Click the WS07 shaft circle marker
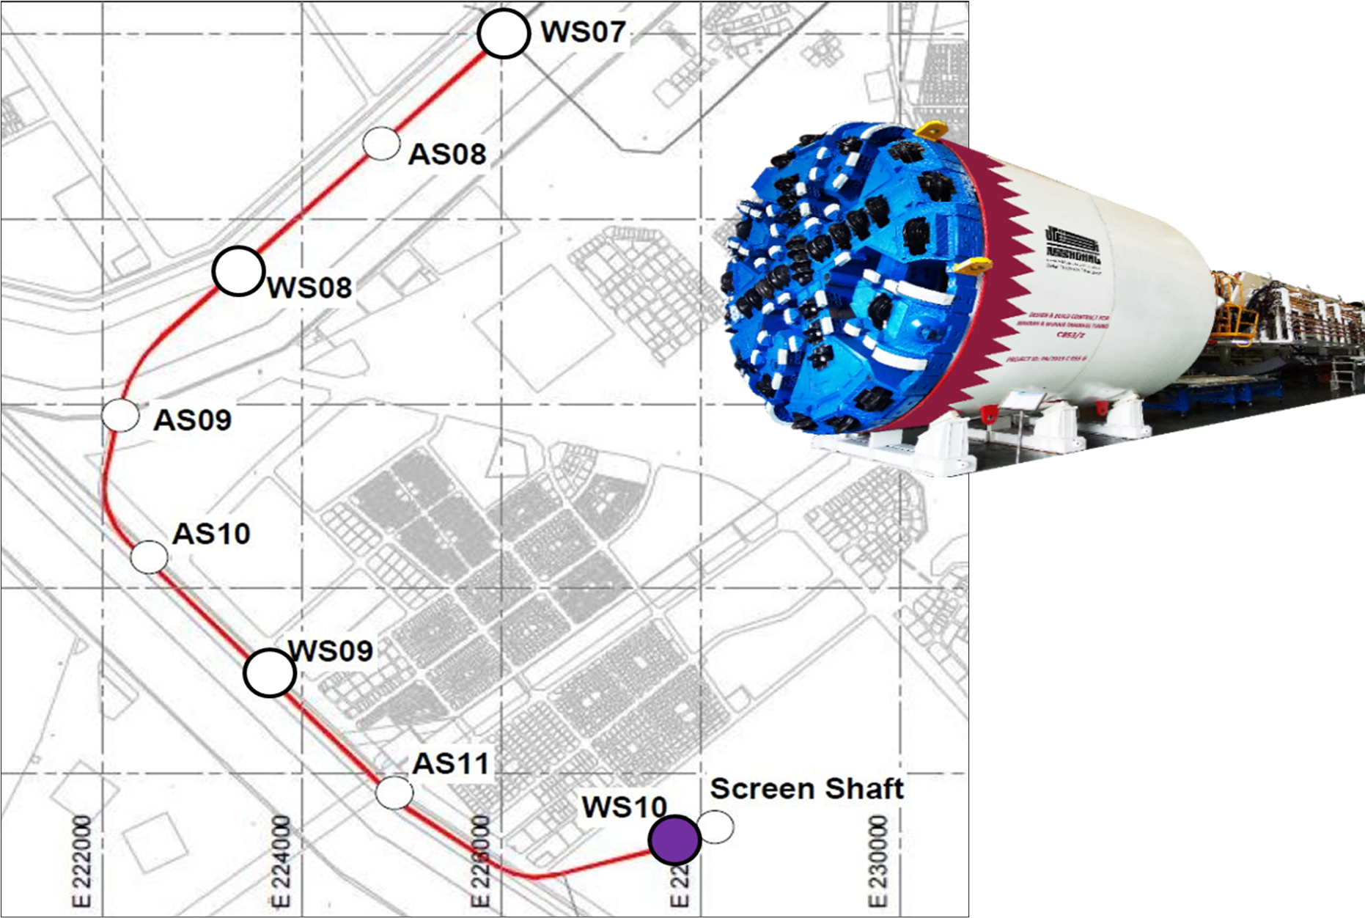(504, 34)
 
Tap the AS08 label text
(447, 154)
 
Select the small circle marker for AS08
(381, 143)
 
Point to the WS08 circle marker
(238, 271)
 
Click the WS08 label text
(309, 287)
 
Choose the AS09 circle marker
(121, 416)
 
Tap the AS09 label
(193, 420)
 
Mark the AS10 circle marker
(149, 557)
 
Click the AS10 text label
(212, 534)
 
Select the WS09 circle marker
(269, 672)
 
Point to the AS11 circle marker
(394, 792)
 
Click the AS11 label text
(451, 764)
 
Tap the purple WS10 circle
(675, 840)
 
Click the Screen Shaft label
(806, 789)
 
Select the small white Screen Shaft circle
(715, 826)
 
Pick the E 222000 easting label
(82, 862)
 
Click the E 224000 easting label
(281, 862)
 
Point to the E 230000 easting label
(877, 862)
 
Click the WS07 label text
(583, 32)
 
